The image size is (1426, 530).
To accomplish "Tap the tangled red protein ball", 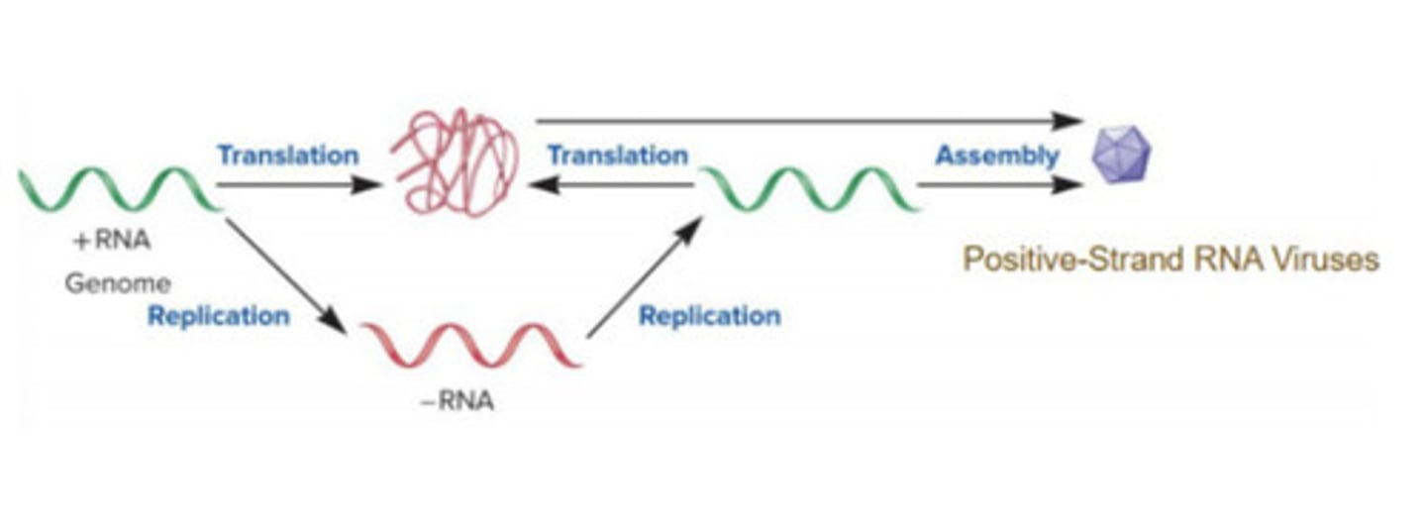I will (x=456, y=163).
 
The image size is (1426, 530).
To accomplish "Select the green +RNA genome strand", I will (x=119, y=189).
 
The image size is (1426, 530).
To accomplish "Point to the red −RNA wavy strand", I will (x=469, y=345).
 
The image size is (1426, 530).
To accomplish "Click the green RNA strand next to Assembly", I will (x=810, y=189).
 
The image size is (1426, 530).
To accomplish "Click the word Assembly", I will (x=996, y=156).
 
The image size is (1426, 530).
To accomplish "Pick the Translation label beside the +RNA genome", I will (x=288, y=156).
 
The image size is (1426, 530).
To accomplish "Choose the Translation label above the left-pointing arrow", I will (x=618, y=156).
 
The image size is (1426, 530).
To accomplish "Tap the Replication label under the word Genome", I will (x=219, y=316).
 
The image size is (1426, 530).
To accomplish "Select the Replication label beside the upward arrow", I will (x=709, y=316).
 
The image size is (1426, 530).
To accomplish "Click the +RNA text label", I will (x=111, y=241).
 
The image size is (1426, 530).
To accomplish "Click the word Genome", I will (x=118, y=283).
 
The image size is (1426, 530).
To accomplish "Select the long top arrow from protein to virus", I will (x=808, y=121).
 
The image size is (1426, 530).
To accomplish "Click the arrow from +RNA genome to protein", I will (x=297, y=184).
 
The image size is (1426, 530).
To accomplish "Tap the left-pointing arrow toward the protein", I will (x=610, y=184).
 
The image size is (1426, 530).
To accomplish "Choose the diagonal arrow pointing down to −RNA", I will (x=285, y=275).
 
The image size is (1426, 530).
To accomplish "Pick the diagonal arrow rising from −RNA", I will (x=644, y=279).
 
